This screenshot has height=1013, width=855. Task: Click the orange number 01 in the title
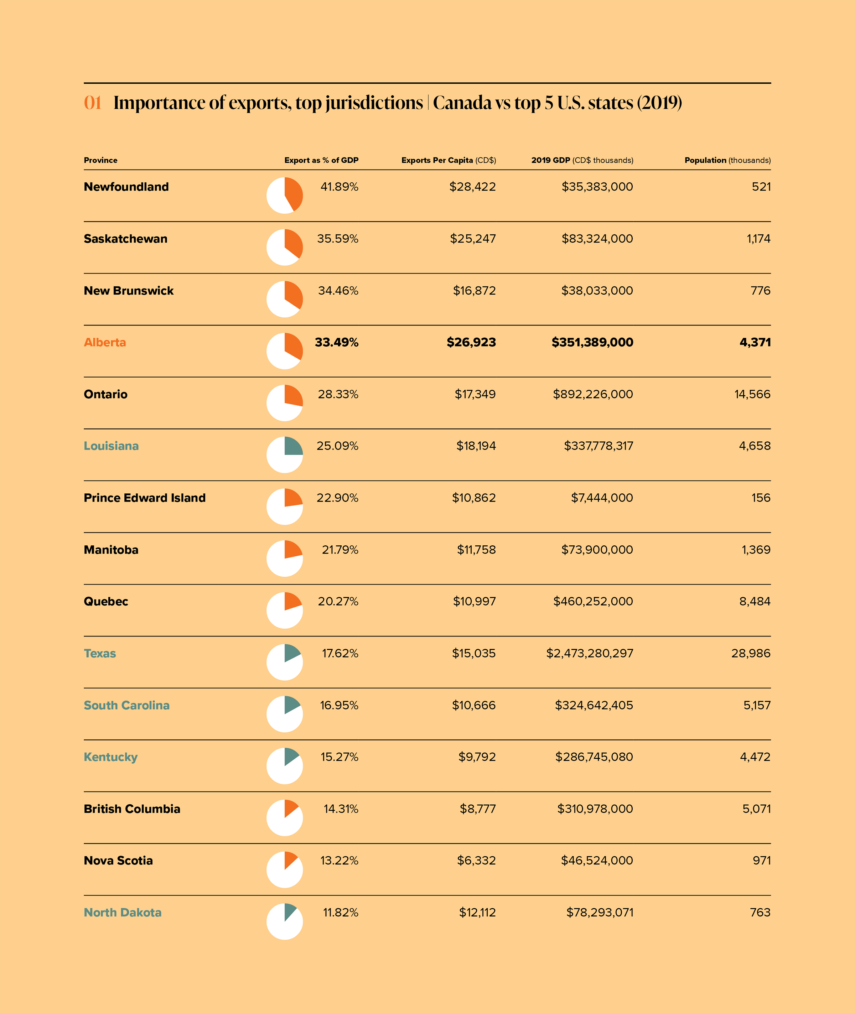(93, 103)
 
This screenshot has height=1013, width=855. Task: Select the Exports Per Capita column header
(449, 160)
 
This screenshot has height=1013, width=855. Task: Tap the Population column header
(727, 160)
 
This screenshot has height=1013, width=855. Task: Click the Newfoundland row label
(126, 187)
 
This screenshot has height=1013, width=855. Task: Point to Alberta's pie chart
(285, 351)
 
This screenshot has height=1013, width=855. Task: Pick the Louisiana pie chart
(285, 454)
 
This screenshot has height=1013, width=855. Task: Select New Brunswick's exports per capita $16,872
(474, 290)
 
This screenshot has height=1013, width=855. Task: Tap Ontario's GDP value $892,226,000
(592, 394)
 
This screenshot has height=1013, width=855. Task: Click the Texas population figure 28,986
(750, 653)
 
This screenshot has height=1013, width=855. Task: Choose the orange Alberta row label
(105, 342)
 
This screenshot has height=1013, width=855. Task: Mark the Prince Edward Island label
(144, 498)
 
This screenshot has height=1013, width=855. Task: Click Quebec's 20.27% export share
(338, 602)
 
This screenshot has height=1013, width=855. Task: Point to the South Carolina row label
(126, 705)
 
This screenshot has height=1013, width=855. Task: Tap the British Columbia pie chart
(285, 818)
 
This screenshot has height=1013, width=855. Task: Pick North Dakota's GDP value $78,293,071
(600, 912)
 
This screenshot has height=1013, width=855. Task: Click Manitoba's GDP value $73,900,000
(597, 550)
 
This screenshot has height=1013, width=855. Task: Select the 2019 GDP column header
(582, 160)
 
